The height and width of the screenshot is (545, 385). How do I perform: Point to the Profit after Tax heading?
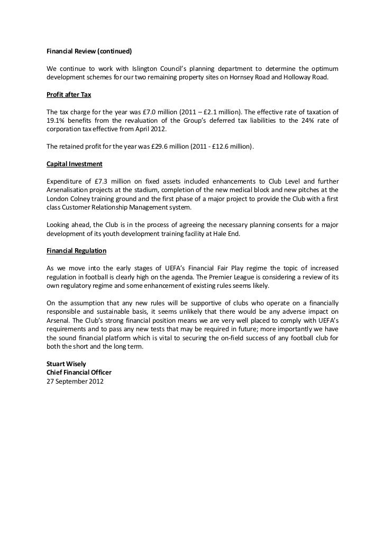click(x=68, y=96)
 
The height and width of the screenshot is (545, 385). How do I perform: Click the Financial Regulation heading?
click(x=77, y=250)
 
